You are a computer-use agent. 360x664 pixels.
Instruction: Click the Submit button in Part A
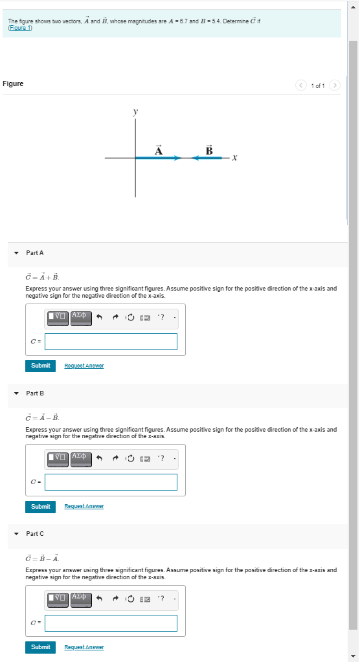click(x=40, y=366)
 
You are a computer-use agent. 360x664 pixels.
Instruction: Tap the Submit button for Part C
click(x=40, y=647)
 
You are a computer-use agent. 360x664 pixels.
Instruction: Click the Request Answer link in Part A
click(x=84, y=366)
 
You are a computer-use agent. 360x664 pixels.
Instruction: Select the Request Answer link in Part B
click(x=84, y=507)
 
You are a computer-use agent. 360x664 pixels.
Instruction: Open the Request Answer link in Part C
click(x=84, y=647)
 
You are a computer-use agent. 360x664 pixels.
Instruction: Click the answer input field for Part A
click(x=111, y=342)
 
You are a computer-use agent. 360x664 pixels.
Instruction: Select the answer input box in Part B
click(x=111, y=482)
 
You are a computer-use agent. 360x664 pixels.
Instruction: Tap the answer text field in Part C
click(x=111, y=623)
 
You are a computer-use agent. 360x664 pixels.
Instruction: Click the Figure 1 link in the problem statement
click(x=20, y=28)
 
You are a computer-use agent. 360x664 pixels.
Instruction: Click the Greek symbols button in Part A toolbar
click(x=80, y=317)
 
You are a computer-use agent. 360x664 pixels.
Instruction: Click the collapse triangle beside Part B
click(x=17, y=393)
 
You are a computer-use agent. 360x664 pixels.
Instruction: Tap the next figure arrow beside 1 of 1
click(x=334, y=85)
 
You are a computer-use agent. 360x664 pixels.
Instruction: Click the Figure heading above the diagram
click(x=13, y=83)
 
